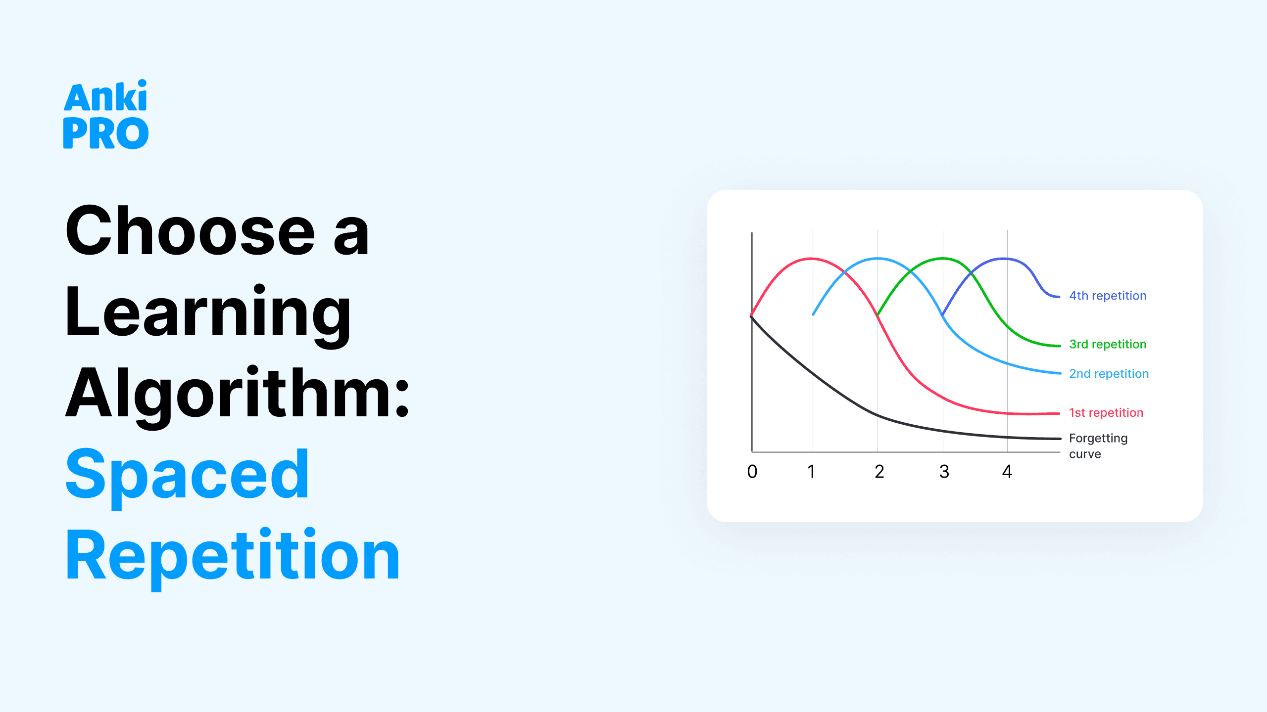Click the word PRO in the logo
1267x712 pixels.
(105, 133)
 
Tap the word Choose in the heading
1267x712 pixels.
(191, 231)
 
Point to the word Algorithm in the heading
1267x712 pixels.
(230, 393)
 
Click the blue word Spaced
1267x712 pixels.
(188, 476)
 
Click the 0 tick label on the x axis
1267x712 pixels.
(752, 472)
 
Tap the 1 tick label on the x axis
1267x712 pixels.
(811, 472)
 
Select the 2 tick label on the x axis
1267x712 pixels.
(879, 472)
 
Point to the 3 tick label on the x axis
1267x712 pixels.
(944, 472)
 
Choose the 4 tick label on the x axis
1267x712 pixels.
(1007, 472)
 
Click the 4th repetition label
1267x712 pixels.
(1108, 296)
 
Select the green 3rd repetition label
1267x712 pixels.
(1108, 344)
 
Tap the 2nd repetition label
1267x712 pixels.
(1109, 374)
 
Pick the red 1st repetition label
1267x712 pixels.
(1106, 413)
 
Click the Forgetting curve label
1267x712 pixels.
(1098, 446)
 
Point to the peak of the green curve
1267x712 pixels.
(943, 258)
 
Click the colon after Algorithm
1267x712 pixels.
(402, 399)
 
